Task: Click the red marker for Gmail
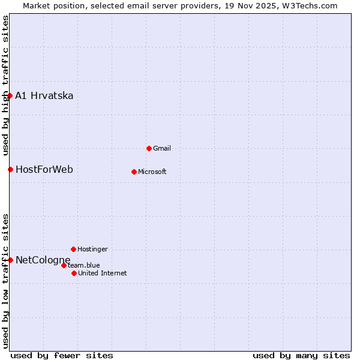149,148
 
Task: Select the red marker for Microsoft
134,172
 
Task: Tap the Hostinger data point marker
73,249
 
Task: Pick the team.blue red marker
64,265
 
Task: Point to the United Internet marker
74,273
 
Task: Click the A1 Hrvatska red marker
10,95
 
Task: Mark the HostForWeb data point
10,169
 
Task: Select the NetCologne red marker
10,260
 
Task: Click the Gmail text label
162,148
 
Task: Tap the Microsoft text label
152,172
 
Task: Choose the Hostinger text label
92,249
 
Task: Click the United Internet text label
103,273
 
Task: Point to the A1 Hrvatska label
44,95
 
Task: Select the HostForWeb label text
44,169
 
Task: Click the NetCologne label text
43,260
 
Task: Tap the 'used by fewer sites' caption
62,355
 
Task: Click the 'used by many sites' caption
301,355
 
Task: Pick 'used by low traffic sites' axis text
5,281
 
